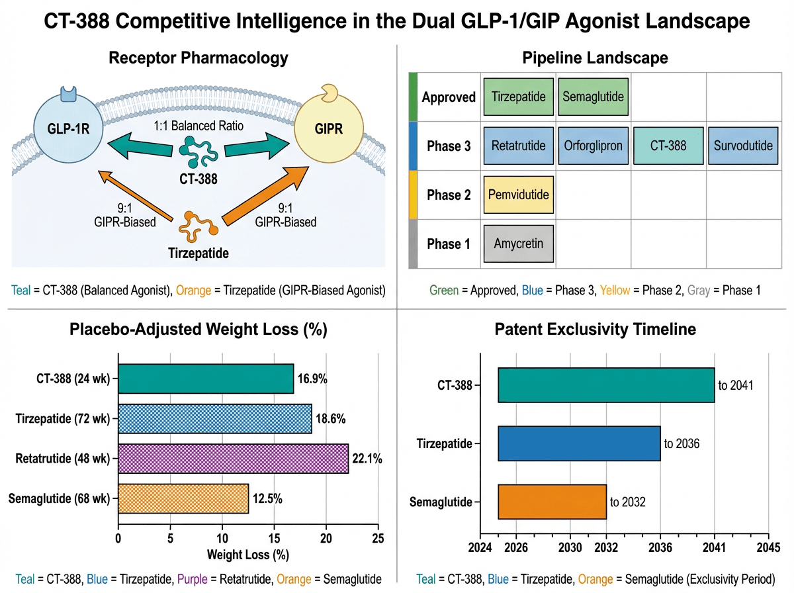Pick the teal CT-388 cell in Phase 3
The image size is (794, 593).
tap(668, 146)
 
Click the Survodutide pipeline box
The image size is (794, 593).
tap(743, 146)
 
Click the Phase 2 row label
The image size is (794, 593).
tap(449, 195)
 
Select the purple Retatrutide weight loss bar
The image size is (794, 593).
tap(233, 458)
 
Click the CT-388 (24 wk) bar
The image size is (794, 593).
tap(206, 379)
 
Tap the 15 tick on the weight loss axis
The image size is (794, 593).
tap(274, 539)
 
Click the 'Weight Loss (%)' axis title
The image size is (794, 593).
tap(247, 553)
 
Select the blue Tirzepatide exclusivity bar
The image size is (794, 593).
tap(579, 443)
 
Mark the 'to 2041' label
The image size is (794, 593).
tap(736, 386)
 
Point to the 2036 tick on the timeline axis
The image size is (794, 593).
tap(660, 547)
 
